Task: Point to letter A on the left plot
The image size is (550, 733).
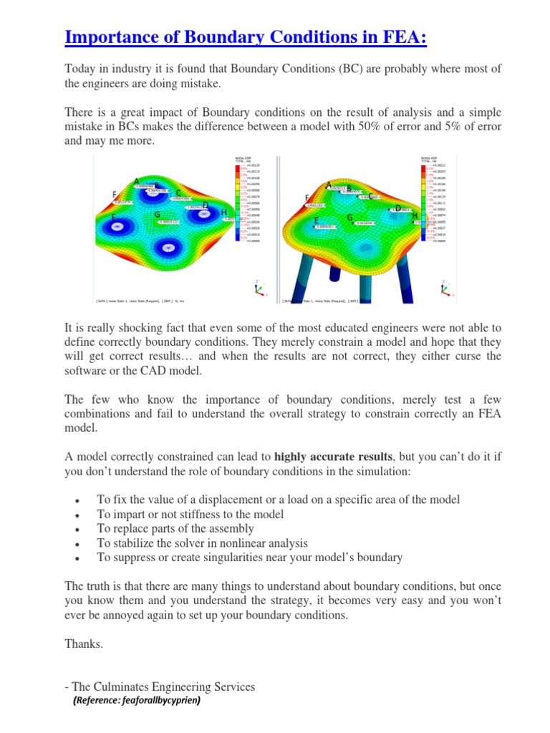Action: [x=136, y=180]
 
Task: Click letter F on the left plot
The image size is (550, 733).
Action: [x=115, y=195]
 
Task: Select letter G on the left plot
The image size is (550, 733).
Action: [x=157, y=215]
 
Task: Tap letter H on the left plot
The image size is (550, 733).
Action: [x=224, y=213]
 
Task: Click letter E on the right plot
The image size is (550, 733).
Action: [x=317, y=220]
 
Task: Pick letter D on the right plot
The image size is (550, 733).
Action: [x=398, y=208]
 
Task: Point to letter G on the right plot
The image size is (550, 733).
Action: [x=349, y=218]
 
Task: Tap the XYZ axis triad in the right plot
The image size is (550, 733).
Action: [x=445, y=289]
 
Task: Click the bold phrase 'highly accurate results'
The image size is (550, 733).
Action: [x=334, y=456]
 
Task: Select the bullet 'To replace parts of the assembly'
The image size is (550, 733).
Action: [x=175, y=529]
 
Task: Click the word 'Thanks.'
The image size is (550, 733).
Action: [x=84, y=644]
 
